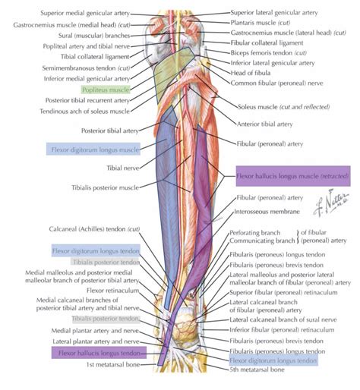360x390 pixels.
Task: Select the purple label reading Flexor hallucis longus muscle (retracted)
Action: tap(292, 176)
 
